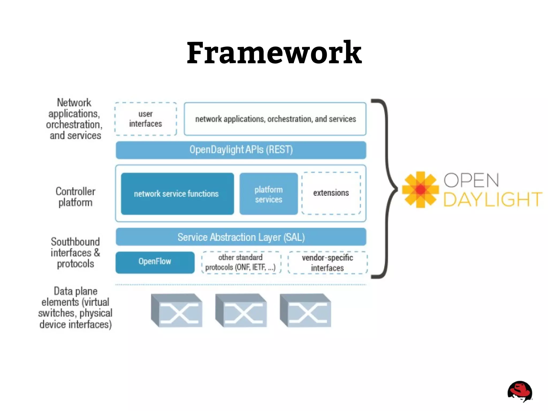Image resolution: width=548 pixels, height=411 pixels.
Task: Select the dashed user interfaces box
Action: point(146,119)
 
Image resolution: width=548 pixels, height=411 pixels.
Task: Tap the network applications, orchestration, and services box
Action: point(275,119)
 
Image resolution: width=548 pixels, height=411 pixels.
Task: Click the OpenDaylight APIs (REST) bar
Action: point(241,150)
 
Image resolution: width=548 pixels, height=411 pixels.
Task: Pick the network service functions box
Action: point(177,194)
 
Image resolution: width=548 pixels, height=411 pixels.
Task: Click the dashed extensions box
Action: point(331,193)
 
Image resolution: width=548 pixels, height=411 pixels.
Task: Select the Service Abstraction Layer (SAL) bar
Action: point(241,237)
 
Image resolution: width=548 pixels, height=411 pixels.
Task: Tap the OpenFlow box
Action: point(155,262)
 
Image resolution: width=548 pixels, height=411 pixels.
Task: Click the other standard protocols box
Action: point(241,262)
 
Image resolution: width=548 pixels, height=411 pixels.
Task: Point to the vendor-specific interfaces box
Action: point(327,263)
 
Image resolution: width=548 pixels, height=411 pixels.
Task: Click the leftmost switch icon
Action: point(177,310)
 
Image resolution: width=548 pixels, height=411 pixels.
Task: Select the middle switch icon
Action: point(241,310)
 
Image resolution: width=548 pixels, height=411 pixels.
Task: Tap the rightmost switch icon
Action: point(305,310)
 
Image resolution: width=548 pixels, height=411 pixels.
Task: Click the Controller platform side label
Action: point(75,197)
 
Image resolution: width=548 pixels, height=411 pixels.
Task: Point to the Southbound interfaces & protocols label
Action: point(75,253)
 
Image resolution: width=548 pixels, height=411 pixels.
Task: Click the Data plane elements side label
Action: point(75,308)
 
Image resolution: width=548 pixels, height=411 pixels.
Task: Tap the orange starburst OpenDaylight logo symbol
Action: point(420,190)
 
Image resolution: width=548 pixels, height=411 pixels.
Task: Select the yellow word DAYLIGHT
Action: point(493,199)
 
